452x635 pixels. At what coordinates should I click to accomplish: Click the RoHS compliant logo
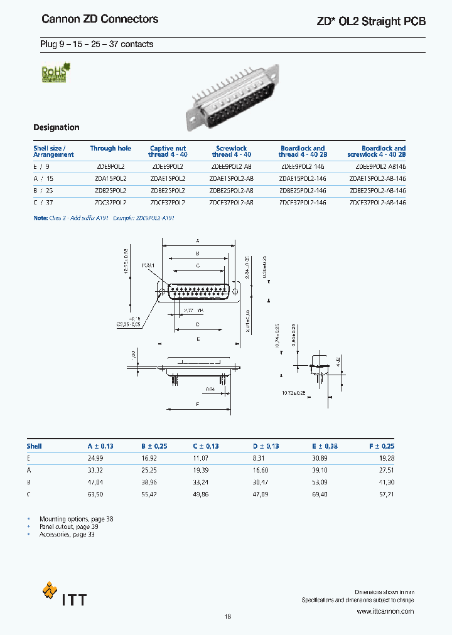(x=55, y=72)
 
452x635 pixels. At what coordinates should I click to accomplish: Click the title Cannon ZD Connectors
(x=100, y=19)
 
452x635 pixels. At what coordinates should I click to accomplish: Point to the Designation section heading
(x=56, y=127)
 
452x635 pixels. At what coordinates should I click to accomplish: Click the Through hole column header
(x=110, y=149)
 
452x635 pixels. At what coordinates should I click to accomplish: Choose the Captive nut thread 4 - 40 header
(x=168, y=151)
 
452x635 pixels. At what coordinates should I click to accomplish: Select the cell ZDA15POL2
(x=110, y=179)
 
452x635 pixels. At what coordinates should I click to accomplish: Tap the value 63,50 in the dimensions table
(x=95, y=494)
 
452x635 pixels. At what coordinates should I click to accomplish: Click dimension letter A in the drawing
(x=198, y=241)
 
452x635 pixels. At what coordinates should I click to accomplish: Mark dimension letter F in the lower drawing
(x=198, y=405)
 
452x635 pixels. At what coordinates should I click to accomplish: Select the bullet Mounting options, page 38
(x=76, y=520)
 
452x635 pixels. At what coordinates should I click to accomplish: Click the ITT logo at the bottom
(x=64, y=595)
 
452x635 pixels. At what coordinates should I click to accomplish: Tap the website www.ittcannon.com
(x=385, y=611)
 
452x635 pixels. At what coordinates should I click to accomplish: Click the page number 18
(x=227, y=617)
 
